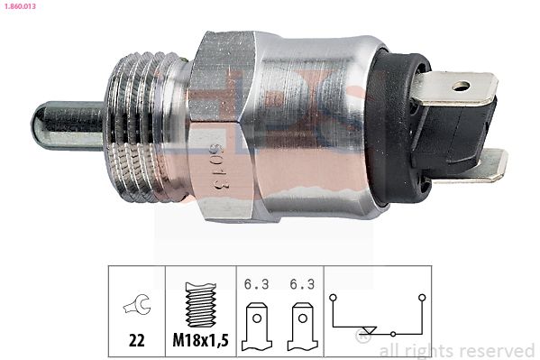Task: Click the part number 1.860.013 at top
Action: [20, 6]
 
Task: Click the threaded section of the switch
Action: [144, 127]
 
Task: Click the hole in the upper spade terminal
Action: [462, 86]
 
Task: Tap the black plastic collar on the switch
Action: [396, 127]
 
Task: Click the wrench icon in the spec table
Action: [137, 305]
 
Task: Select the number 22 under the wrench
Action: [137, 341]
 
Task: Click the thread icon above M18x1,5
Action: [201, 304]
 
